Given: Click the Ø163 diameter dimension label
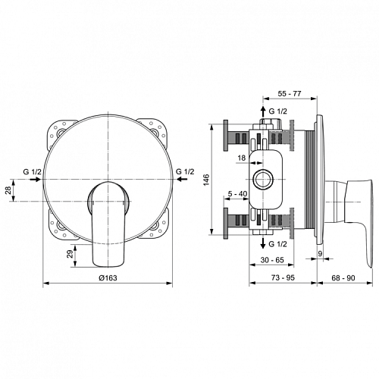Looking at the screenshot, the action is tap(108, 277).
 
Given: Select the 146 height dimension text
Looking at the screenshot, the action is tap(207, 180).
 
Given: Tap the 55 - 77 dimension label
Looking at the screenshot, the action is tap(290, 93).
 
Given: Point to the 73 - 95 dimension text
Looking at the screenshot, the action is tap(283, 277).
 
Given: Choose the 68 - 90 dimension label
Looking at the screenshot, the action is tap(343, 277).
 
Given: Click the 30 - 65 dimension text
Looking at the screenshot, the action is tap(272, 260).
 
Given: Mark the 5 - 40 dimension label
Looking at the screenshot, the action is tap(237, 194).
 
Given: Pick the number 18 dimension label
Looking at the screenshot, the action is tap(242, 158).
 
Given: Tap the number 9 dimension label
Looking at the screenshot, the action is tap(320, 253).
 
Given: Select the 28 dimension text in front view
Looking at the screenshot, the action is tap(8, 189).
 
